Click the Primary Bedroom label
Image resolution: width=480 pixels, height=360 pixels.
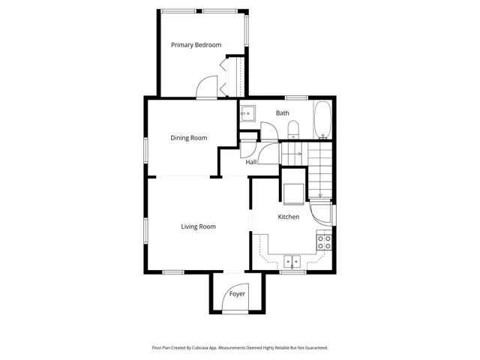coord(196,45)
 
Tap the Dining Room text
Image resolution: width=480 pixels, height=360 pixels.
coord(188,137)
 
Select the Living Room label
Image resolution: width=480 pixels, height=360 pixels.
coord(198,226)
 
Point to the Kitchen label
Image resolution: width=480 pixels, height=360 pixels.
coord(289,217)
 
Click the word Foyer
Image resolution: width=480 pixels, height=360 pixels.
coord(237,293)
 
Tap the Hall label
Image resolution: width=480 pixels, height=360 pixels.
coord(251,161)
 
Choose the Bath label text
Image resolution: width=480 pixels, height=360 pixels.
coord(282,113)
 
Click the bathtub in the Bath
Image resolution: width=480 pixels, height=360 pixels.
coord(322,120)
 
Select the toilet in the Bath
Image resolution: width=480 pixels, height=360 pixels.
coord(294,130)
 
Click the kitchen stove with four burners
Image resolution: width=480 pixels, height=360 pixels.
coord(325,242)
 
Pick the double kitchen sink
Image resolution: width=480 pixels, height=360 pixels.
coord(292,262)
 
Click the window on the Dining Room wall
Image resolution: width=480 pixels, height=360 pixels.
coord(145,148)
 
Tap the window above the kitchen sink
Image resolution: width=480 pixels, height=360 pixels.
coord(292,272)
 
